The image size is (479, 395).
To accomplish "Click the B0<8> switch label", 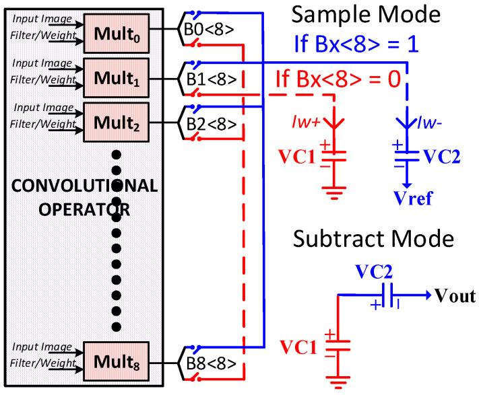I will (x=212, y=32).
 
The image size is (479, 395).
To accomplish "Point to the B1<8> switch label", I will (x=212, y=78).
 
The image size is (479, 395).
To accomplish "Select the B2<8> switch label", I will (x=212, y=124).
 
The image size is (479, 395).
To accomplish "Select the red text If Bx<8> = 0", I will (x=338, y=79).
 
